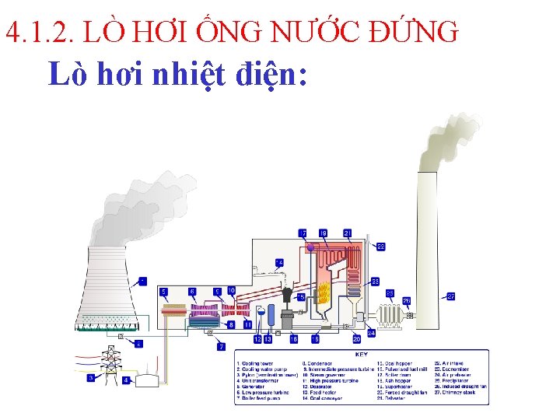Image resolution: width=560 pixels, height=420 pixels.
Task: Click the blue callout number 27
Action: pos(451,296)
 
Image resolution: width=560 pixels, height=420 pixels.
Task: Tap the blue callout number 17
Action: pos(303,233)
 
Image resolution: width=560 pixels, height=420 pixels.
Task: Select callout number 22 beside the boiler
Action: pos(380,247)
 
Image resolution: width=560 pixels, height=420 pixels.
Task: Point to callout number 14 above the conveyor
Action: pos(279,262)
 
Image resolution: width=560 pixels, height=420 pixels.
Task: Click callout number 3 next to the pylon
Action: pos(91,378)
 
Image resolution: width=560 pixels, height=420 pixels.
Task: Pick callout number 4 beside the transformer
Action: pos(126,380)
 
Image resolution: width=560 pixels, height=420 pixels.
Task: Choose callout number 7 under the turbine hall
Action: pos(221,346)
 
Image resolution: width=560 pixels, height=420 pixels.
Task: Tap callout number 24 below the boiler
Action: pos(372,333)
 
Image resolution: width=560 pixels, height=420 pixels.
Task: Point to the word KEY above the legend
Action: pos(362,355)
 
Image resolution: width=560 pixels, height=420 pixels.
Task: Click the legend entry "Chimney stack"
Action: pos(459,392)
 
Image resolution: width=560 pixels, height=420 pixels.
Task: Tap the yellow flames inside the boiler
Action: pos(325,292)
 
